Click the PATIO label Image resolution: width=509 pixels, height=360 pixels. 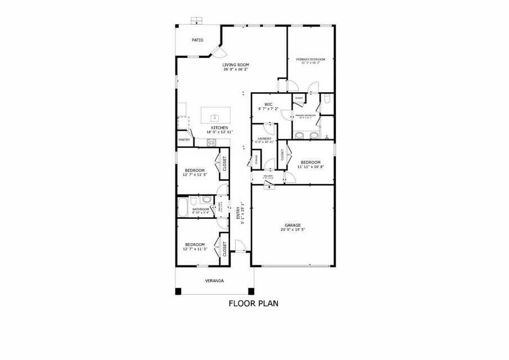pyautogui.click(x=197, y=40)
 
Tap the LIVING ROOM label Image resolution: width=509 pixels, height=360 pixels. pyautogui.click(x=236, y=65)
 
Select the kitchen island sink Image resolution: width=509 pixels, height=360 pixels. pyautogui.click(x=214, y=118)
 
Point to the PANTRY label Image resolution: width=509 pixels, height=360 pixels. pyautogui.click(x=184, y=139)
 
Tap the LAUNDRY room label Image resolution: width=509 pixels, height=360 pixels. pyautogui.click(x=264, y=138)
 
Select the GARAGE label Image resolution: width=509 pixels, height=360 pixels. pyautogui.click(x=292, y=225)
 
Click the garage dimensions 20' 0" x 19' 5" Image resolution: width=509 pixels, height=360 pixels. pyautogui.click(x=292, y=229)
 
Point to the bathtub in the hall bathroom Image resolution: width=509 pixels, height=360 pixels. pyautogui.click(x=183, y=206)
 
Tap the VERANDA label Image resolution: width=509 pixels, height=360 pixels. pyautogui.click(x=214, y=280)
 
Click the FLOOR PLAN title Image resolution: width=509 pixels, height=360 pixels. pyautogui.click(x=253, y=303)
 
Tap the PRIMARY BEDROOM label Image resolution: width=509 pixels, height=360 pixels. pyautogui.click(x=310, y=59)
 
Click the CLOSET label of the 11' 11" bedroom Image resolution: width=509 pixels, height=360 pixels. pyautogui.click(x=282, y=155)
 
